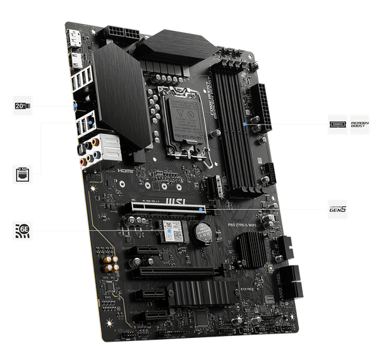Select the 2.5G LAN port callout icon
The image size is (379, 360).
pyautogui.click(x=21, y=172)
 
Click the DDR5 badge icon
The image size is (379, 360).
pyautogui.click(x=338, y=124)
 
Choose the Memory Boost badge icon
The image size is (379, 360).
pyautogui.click(x=358, y=124)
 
